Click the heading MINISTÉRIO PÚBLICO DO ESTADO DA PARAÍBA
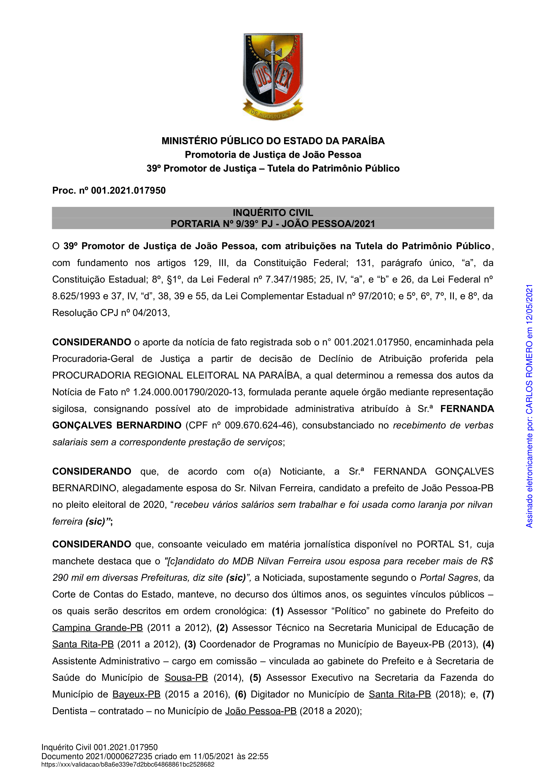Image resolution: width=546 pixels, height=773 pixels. (273, 141)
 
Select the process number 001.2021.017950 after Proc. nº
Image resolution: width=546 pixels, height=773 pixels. (128, 191)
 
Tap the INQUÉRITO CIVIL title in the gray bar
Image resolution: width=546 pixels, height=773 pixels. (273, 213)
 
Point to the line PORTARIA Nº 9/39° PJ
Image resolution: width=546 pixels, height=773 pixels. (273, 224)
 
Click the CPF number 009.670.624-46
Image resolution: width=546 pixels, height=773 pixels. (258, 426)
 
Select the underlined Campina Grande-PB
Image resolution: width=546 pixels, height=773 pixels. (97, 628)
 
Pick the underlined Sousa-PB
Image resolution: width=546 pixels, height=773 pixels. (186, 677)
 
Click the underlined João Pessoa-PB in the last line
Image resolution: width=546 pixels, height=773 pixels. (261, 711)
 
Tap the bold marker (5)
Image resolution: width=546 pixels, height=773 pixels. (255, 677)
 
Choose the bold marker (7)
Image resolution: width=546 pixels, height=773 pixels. (488, 694)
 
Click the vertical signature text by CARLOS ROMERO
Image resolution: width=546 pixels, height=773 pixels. (529, 406)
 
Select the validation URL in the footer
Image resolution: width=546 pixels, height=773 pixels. (128, 765)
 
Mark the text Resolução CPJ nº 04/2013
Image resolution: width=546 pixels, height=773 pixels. (111, 313)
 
